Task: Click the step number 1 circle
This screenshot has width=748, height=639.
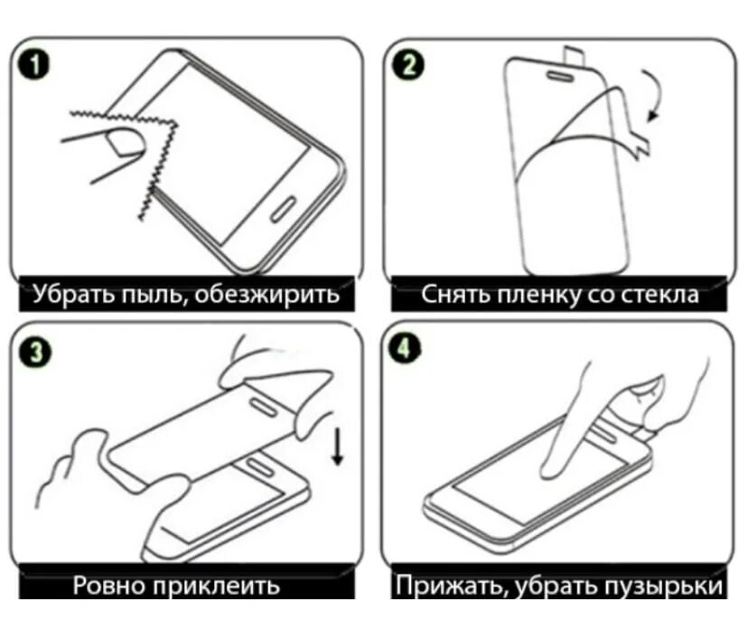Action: point(33,66)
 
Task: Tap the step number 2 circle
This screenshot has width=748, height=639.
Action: point(407,65)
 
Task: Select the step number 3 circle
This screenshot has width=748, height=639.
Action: point(33,353)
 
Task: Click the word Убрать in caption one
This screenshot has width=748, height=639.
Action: point(75,295)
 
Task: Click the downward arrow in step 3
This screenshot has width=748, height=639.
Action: point(338,446)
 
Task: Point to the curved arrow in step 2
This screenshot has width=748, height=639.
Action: point(657,96)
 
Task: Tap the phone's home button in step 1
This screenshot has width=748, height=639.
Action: point(284,208)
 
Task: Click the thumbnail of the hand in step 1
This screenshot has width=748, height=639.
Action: point(125,143)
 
